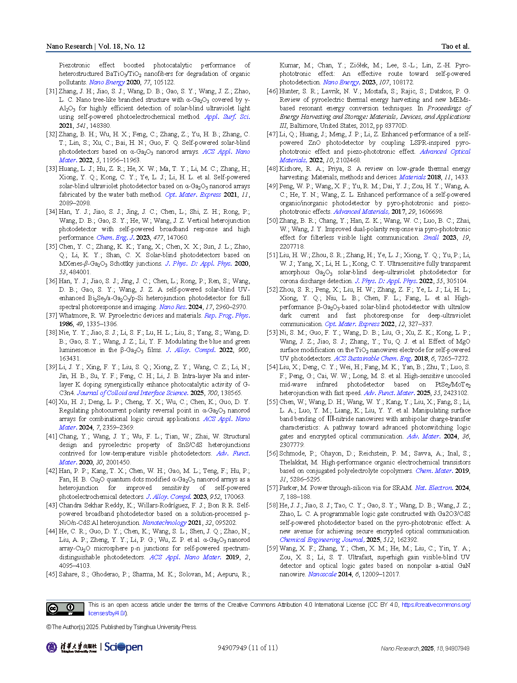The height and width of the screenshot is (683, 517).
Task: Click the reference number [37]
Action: [51, 316]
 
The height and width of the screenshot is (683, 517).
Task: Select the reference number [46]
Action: [272, 91]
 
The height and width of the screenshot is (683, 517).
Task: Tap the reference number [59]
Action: [272, 548]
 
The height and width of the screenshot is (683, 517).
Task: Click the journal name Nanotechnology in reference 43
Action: [164, 523]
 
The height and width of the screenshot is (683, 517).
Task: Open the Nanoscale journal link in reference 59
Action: [322, 574]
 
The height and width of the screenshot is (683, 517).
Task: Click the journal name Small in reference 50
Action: [431, 238]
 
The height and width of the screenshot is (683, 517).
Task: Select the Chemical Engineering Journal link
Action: [322, 540]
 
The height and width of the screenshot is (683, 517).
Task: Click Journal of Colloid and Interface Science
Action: [132, 393]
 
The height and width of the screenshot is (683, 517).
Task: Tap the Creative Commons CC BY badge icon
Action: [65, 609]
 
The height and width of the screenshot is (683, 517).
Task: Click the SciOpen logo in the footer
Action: [123, 647]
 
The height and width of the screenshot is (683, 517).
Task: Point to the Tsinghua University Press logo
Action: [71, 647]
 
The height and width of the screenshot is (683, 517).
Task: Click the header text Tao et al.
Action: [455, 46]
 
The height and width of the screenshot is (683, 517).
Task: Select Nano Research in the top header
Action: [69, 46]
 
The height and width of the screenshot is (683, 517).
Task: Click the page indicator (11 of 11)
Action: [263, 648]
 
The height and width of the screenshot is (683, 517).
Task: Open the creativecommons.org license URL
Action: [436, 605]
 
